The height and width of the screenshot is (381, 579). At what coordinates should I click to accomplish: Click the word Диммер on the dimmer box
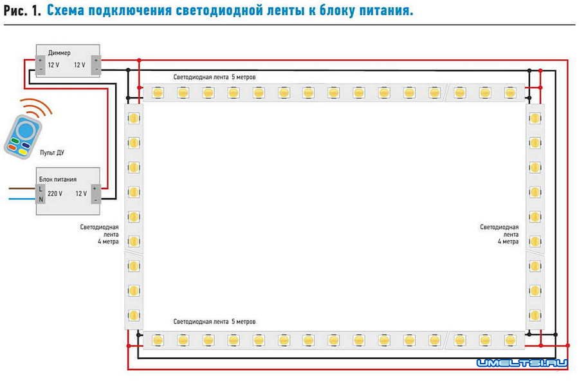pyautogui.click(x=59, y=53)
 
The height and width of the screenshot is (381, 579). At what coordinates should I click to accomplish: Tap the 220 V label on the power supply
pyautogui.click(x=55, y=193)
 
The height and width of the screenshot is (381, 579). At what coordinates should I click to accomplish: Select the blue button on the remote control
pyautogui.click(x=25, y=131)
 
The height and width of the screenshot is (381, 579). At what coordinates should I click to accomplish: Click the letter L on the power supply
pyautogui.click(x=40, y=189)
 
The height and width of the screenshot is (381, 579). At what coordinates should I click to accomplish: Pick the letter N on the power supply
pyautogui.click(x=40, y=199)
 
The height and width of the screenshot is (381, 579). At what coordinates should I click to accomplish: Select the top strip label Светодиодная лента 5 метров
pyautogui.click(x=214, y=77)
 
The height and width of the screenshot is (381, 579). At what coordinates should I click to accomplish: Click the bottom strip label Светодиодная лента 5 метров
pyautogui.click(x=214, y=321)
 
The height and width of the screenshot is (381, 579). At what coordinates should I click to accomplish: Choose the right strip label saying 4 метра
pyautogui.click(x=508, y=242)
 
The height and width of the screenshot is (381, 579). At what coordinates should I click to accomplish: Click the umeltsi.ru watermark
pyautogui.click(x=522, y=364)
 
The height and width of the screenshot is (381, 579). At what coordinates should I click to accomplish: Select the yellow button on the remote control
pyautogui.click(x=22, y=152)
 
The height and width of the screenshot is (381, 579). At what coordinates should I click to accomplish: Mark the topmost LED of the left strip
pyautogui.click(x=133, y=118)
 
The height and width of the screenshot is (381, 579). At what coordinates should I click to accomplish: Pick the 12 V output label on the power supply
pyautogui.click(x=81, y=193)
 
